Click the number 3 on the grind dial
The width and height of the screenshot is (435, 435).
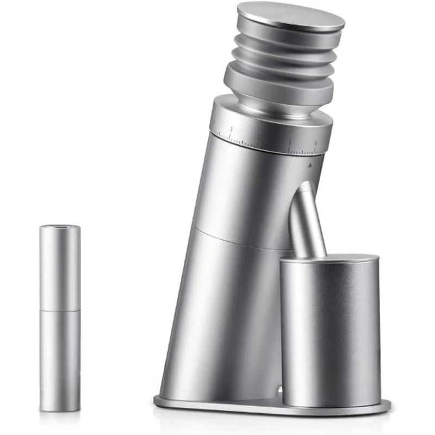[x=232, y=129]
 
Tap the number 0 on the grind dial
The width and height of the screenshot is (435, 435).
[x=316, y=143]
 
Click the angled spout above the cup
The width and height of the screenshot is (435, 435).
[x=306, y=220]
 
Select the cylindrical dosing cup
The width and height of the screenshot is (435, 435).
[x=328, y=332]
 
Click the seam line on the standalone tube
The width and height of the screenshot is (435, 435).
[x=60, y=311]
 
